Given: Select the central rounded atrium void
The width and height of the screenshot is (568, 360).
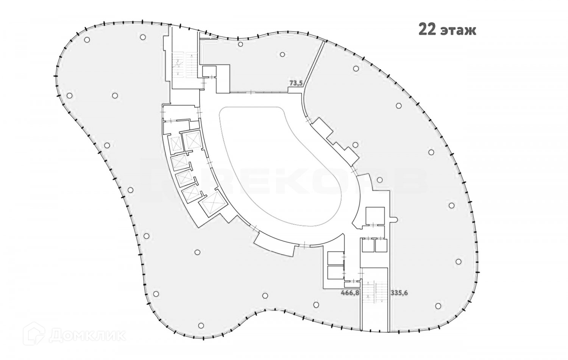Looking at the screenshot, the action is (x=282, y=163).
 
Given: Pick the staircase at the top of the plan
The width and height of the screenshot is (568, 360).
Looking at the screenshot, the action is (x=183, y=64).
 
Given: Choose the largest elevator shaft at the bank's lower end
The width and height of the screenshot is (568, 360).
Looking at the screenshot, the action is (x=213, y=203).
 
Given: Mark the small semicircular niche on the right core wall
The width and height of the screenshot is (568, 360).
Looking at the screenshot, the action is (x=394, y=219).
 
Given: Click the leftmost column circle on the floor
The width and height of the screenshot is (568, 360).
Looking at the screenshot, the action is (x=70, y=95).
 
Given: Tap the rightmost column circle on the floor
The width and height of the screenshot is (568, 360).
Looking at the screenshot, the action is (x=459, y=261).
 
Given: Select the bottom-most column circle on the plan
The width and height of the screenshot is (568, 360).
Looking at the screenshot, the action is (x=201, y=325).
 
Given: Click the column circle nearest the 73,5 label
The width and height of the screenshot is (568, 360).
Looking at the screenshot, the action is (x=282, y=54).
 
